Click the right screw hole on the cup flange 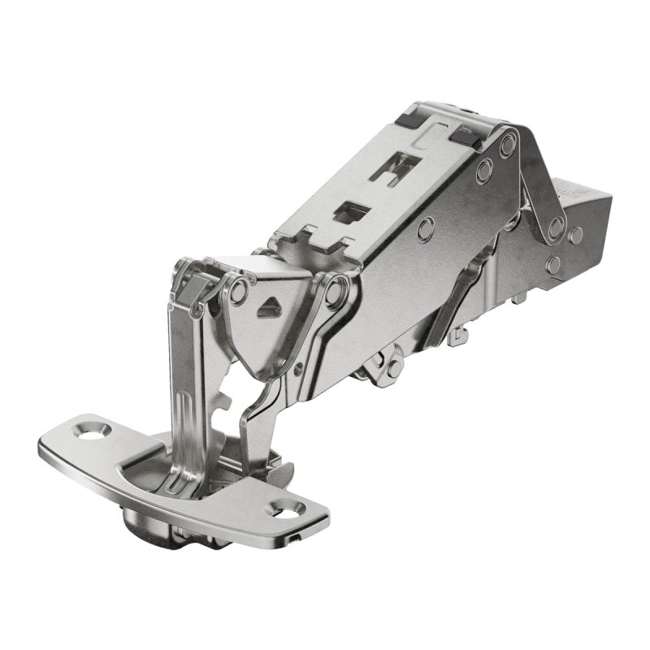[x=288, y=510]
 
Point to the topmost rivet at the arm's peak [x=509, y=145]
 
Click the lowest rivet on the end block [x=554, y=265]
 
